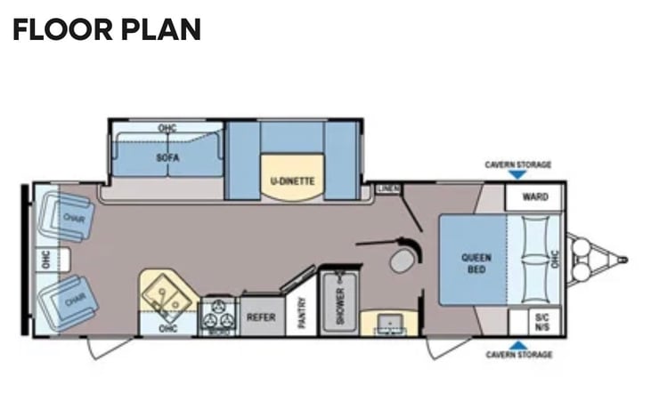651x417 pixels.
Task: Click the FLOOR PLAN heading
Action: (107, 29)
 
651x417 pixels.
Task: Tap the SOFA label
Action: (167, 157)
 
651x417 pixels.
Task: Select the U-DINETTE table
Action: (292, 177)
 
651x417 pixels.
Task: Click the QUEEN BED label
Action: (476, 263)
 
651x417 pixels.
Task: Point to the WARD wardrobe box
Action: (534, 196)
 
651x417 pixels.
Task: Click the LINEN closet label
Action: (388, 188)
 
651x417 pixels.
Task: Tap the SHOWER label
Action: (340, 306)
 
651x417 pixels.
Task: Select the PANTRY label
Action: (302, 312)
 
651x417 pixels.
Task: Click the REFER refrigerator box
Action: (262, 317)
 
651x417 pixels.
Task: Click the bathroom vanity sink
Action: (389, 322)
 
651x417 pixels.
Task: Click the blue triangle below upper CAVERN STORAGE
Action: (517, 174)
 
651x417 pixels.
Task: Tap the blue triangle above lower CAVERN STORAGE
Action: (517, 345)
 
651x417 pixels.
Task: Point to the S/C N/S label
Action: (541, 322)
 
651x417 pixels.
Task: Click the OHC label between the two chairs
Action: (46, 260)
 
